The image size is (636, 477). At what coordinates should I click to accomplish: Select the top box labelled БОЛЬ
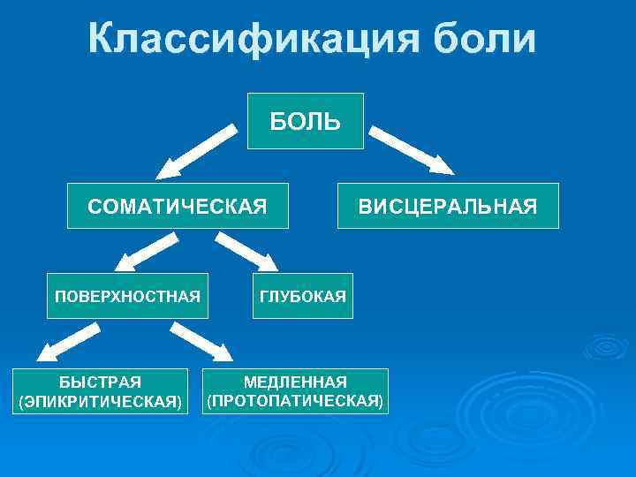(305, 121)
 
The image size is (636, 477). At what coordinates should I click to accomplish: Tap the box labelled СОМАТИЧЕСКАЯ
(178, 206)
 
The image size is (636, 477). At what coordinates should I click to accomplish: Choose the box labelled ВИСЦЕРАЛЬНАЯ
(448, 206)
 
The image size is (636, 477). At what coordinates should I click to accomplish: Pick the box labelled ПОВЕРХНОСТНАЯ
(127, 295)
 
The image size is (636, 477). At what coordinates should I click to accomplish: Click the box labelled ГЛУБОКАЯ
(302, 295)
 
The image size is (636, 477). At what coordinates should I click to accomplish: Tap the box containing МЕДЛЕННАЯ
(295, 391)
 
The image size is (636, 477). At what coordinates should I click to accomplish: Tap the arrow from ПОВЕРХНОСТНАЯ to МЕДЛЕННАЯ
(200, 342)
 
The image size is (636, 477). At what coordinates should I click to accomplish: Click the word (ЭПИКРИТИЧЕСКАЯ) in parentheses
(100, 402)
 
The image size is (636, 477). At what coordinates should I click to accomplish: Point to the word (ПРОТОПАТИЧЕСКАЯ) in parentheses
(295, 402)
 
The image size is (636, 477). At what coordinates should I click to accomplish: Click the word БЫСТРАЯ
(100, 382)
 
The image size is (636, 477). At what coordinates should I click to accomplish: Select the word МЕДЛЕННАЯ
(295, 382)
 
